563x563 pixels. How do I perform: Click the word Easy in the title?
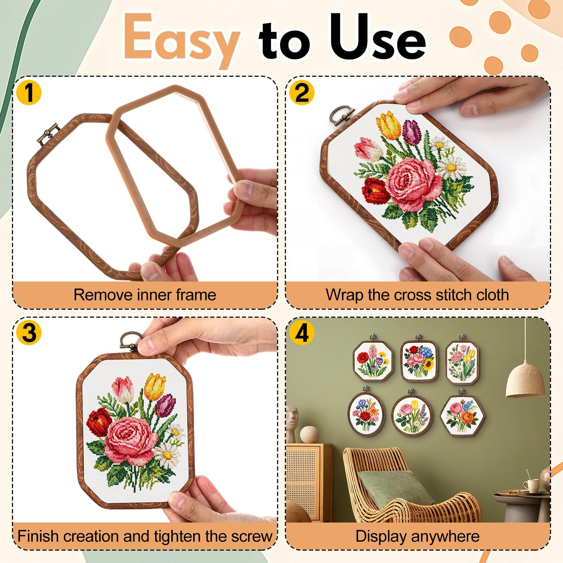pos(180,40)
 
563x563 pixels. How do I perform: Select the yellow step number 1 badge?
pos(29,93)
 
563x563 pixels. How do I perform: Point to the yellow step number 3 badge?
pos(29,333)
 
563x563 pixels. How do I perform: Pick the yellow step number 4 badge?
pos(302,333)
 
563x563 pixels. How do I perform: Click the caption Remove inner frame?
pos(145,295)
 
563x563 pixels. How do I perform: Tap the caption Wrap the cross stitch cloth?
pos(417,295)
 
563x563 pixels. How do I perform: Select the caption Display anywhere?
pos(417,536)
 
